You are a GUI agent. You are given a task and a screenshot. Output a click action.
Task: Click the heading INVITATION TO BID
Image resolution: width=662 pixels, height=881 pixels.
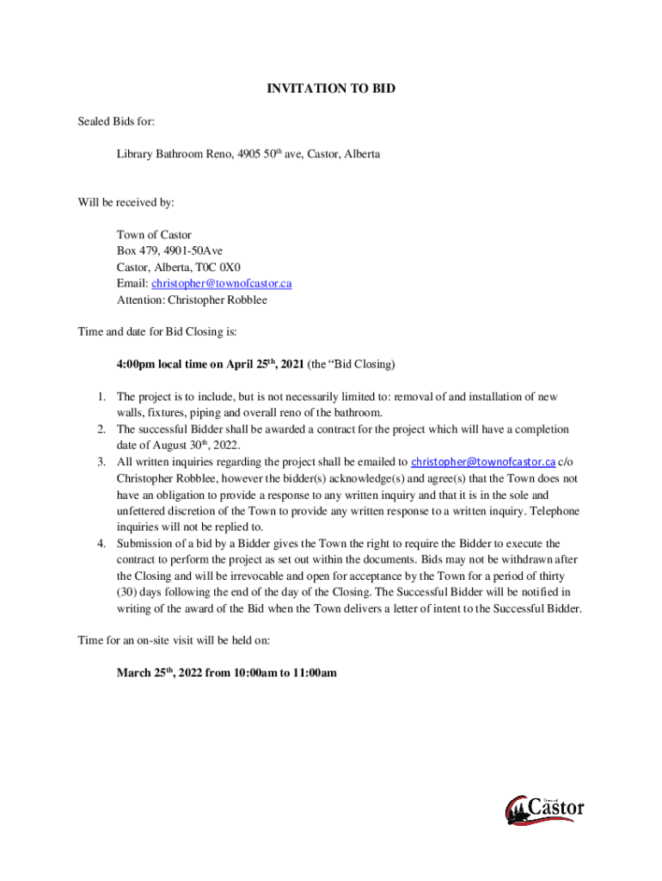pos(331,89)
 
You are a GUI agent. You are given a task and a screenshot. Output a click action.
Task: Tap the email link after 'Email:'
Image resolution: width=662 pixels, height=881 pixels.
pos(222,283)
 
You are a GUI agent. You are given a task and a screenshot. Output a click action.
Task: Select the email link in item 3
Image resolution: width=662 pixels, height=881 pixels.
pos(483,462)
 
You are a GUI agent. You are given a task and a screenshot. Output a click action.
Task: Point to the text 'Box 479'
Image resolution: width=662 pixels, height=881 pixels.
pos(135,250)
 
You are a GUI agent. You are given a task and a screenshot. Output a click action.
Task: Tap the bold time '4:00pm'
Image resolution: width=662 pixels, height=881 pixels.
pos(136,364)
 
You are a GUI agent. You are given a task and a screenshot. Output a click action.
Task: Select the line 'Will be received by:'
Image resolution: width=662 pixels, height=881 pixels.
pos(126,203)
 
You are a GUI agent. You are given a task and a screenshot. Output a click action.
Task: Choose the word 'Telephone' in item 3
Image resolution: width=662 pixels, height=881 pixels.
pos(555,511)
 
